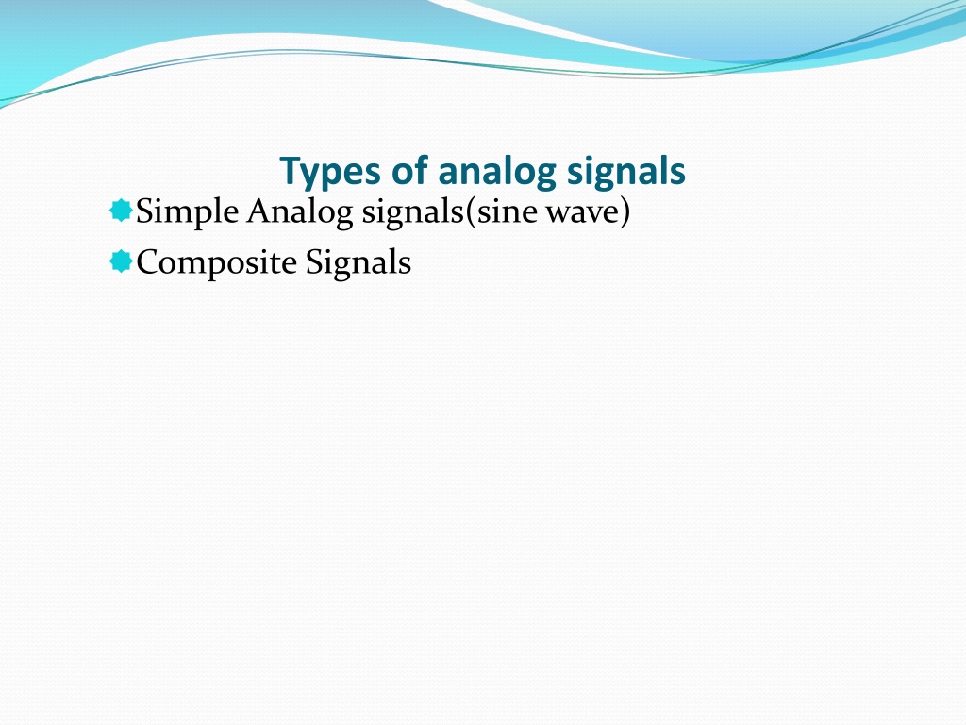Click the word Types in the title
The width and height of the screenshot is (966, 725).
tap(330, 172)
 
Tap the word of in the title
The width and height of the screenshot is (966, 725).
tap(409, 169)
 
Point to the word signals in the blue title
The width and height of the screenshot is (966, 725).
tap(626, 172)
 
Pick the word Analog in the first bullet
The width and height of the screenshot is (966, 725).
tap(300, 212)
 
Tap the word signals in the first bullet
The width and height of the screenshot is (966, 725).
tap(412, 212)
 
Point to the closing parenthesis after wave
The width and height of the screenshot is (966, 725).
tap(625, 212)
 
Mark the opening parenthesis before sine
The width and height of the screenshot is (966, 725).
tap(470, 212)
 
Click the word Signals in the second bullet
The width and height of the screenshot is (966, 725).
tap(358, 263)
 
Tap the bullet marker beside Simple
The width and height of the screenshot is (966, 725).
tap(122, 211)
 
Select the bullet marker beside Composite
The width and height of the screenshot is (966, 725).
tap(122, 261)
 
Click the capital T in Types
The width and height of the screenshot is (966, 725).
tap(291, 171)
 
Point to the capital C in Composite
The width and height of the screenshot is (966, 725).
tap(149, 262)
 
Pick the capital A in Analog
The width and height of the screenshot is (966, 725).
tap(259, 212)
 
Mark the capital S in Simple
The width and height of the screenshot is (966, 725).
tap(144, 211)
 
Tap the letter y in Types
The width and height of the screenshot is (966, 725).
tap(313, 177)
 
